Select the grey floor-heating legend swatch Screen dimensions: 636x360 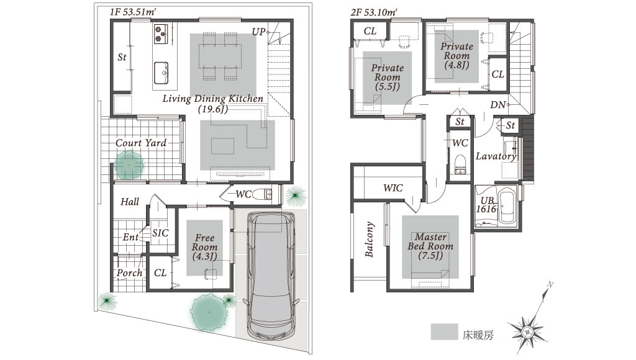[x=445, y=331]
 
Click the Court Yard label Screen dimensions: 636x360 [x=141, y=143]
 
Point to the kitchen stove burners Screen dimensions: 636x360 [x=160, y=34]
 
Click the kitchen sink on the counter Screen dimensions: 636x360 [x=161, y=73]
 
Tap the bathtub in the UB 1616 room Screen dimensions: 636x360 [x=507, y=207]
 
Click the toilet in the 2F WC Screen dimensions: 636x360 [x=460, y=164]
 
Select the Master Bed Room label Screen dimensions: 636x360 [x=430, y=246]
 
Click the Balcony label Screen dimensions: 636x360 [x=369, y=239]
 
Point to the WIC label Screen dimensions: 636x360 [x=393, y=187]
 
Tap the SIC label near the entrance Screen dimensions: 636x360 [x=160, y=233]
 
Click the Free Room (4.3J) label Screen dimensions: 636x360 [x=205, y=247]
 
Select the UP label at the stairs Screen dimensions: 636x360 [x=259, y=32]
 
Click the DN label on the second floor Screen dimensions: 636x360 [x=497, y=105]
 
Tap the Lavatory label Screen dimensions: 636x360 [x=496, y=156]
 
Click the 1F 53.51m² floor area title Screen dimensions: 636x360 [x=133, y=12]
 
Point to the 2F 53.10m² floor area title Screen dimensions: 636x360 [x=373, y=12]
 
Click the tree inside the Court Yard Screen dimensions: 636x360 [x=129, y=165]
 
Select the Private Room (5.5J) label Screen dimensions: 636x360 [x=388, y=77]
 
